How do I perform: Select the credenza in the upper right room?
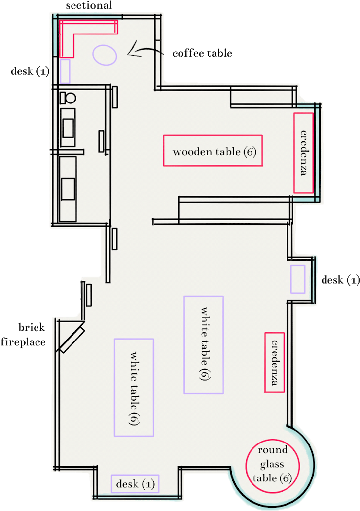point(304,153)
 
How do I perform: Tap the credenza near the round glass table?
point(275,362)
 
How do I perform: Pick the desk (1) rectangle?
point(136,484)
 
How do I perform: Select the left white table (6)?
point(134,387)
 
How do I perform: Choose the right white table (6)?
point(204,344)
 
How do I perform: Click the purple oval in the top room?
point(105,55)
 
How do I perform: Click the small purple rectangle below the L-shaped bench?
point(65,71)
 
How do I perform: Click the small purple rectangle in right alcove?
point(298,279)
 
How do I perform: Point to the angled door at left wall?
point(71,337)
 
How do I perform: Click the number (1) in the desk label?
point(148,484)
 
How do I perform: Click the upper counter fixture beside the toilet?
point(68,127)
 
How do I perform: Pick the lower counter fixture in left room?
point(68,189)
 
